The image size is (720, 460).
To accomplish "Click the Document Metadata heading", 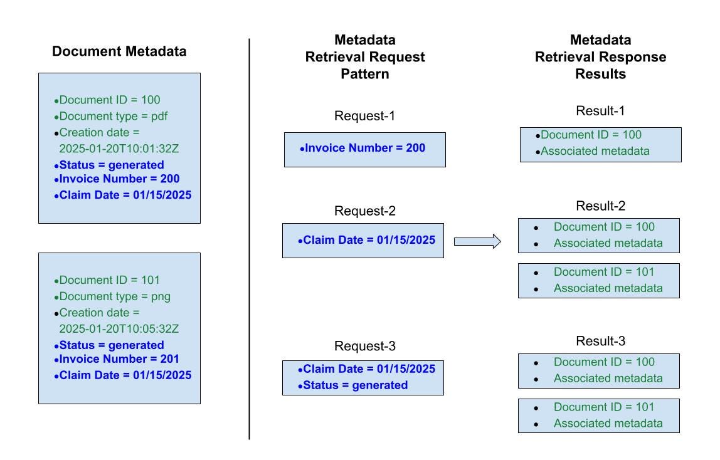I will click(119, 51).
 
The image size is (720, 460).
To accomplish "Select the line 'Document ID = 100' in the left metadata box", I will click(110, 100).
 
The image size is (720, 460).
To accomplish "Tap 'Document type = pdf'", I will click(114, 116).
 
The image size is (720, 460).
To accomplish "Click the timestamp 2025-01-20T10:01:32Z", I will click(119, 149).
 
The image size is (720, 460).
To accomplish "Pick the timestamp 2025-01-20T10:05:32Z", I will click(119, 329).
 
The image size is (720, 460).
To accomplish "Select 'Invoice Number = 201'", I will click(119, 359).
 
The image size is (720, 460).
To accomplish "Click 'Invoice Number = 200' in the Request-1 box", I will click(364, 149).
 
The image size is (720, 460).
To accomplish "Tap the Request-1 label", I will click(364, 116).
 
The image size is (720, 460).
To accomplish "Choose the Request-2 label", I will click(364, 211).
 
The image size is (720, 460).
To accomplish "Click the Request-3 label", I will click(364, 347).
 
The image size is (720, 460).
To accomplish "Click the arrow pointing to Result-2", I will click(477, 241).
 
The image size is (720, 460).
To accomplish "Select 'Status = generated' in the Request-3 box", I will click(355, 385).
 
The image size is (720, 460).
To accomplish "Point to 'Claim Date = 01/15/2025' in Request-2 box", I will click(369, 241).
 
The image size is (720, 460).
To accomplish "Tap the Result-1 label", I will click(600, 111).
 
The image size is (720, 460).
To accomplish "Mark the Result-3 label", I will click(600, 342).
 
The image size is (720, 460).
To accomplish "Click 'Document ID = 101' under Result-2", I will click(603, 272).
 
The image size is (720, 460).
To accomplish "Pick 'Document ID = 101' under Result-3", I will click(603, 407).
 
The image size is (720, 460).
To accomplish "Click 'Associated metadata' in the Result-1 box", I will click(595, 151).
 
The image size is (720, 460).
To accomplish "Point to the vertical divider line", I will click(250, 238).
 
